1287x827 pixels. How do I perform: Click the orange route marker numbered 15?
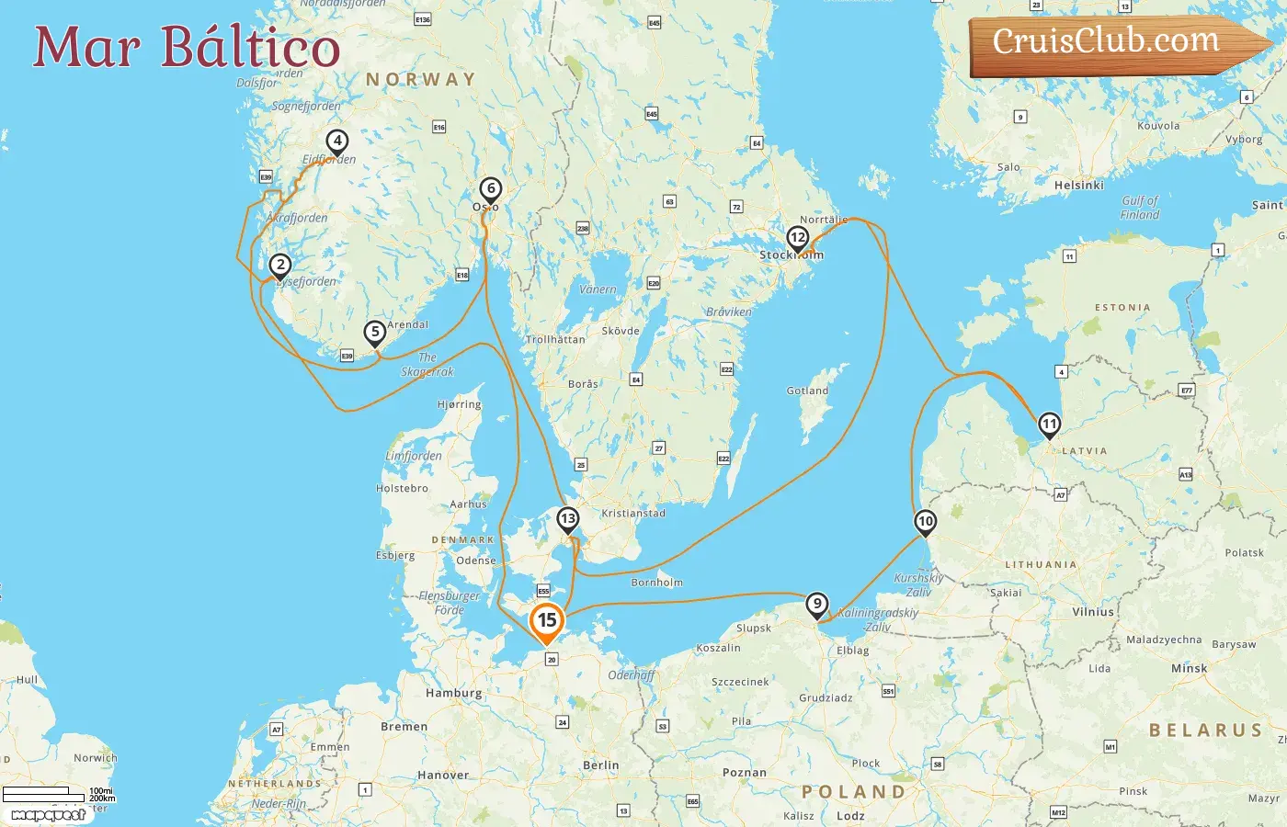tap(547, 621)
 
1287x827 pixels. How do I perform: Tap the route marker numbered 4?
tap(337, 142)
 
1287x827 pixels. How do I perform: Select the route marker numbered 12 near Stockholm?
tap(797, 238)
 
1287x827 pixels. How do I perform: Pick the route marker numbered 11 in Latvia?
tap(1049, 425)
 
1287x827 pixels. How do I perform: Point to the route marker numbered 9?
tap(816, 605)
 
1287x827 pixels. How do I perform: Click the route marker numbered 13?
tap(568, 520)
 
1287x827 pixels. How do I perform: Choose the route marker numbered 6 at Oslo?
tap(491, 189)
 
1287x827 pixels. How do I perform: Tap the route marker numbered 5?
tap(374, 333)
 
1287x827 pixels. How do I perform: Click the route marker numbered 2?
tap(280, 266)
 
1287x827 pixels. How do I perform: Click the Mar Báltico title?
tap(187, 47)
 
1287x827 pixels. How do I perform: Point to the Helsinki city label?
tap(1079, 186)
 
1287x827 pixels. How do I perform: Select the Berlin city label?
tap(600, 765)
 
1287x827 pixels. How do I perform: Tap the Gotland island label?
tap(807, 391)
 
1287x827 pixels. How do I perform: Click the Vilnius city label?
tap(1093, 612)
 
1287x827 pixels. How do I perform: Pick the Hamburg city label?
tap(453, 693)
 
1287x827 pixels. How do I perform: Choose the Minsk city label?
tap(1189, 669)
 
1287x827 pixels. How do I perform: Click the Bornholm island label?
tap(656, 583)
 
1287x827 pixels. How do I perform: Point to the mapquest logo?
tap(48, 815)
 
